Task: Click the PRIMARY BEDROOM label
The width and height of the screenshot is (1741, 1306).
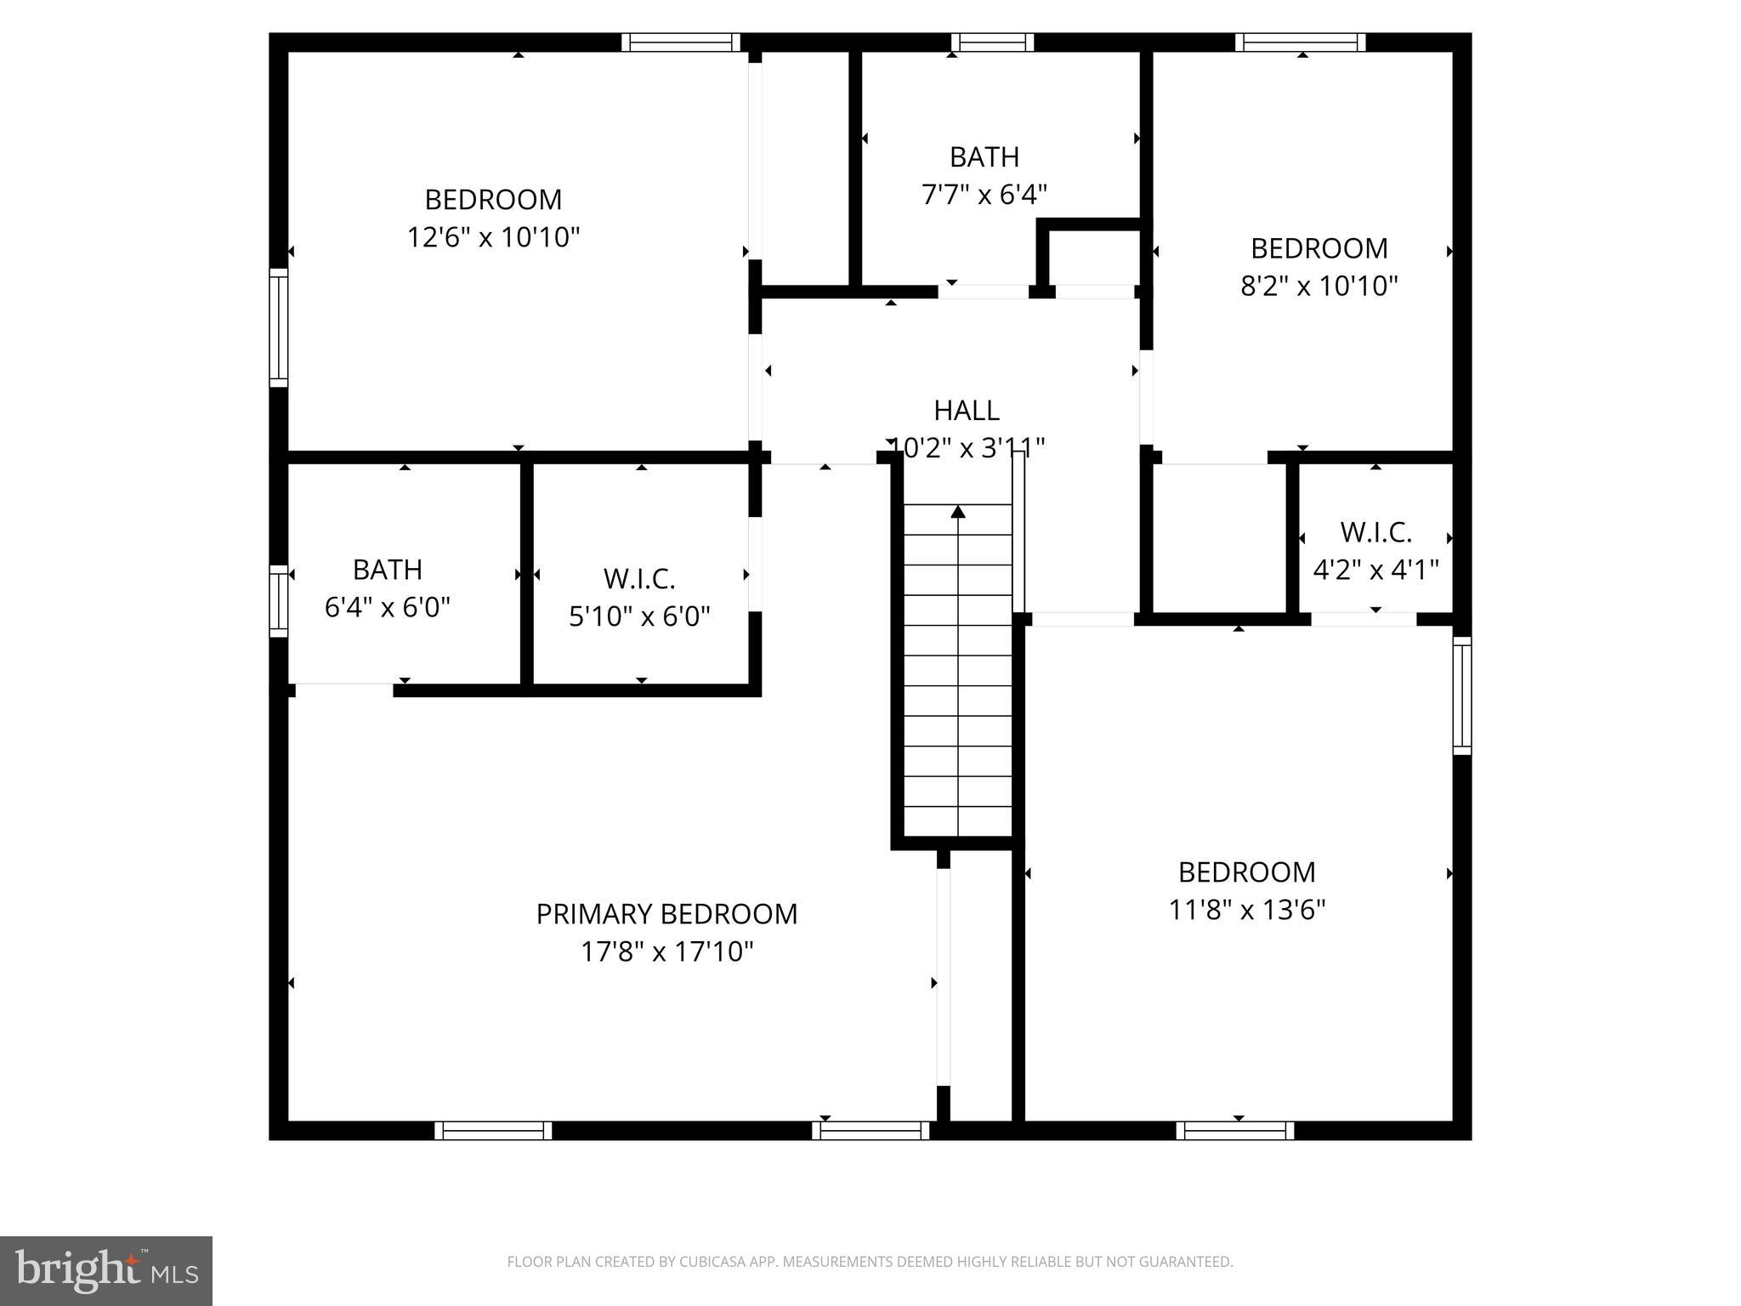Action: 666,914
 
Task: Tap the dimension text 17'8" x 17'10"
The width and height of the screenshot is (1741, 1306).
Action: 666,951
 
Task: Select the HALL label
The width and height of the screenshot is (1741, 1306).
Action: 966,411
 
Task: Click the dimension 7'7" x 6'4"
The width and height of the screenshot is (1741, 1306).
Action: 984,195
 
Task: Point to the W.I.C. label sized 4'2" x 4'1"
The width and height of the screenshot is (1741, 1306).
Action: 1375,532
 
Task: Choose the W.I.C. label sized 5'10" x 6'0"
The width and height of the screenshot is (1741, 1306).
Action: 639,579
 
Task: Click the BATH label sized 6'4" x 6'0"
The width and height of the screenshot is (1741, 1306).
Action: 387,570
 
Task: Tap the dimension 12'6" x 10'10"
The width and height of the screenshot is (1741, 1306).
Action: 493,237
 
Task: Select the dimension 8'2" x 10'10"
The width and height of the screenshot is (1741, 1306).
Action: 1319,286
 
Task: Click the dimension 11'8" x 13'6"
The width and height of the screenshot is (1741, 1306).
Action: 1246,911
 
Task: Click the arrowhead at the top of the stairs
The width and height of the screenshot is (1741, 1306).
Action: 958,511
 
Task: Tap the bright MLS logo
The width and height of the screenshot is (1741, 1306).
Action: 105,1270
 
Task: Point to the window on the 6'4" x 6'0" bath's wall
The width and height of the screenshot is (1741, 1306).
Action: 278,600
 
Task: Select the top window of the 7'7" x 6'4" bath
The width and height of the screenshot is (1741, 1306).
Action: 992,43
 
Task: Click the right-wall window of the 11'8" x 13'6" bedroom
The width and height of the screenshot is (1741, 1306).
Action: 1461,696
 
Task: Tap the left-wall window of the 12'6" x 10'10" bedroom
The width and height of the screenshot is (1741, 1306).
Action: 278,327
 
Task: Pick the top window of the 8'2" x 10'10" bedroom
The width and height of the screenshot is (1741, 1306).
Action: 1300,43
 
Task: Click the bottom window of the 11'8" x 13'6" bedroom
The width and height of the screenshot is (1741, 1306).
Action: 1235,1131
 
